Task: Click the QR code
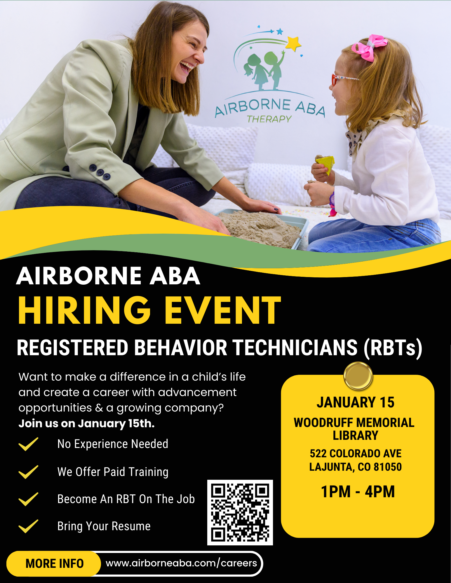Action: (240, 512)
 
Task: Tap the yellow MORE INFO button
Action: (54, 564)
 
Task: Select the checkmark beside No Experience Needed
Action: (28, 444)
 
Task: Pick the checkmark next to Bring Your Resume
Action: (28, 526)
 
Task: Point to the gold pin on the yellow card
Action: (358, 376)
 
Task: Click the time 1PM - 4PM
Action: (358, 492)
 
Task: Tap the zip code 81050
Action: (388, 467)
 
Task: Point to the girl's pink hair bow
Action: (369, 47)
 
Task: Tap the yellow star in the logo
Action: (293, 43)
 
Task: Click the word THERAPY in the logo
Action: (269, 119)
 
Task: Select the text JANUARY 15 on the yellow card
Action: (356, 402)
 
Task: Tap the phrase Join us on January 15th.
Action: (86, 423)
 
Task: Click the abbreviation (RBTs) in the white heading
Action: (393, 348)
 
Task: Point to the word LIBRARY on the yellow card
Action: (356, 435)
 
